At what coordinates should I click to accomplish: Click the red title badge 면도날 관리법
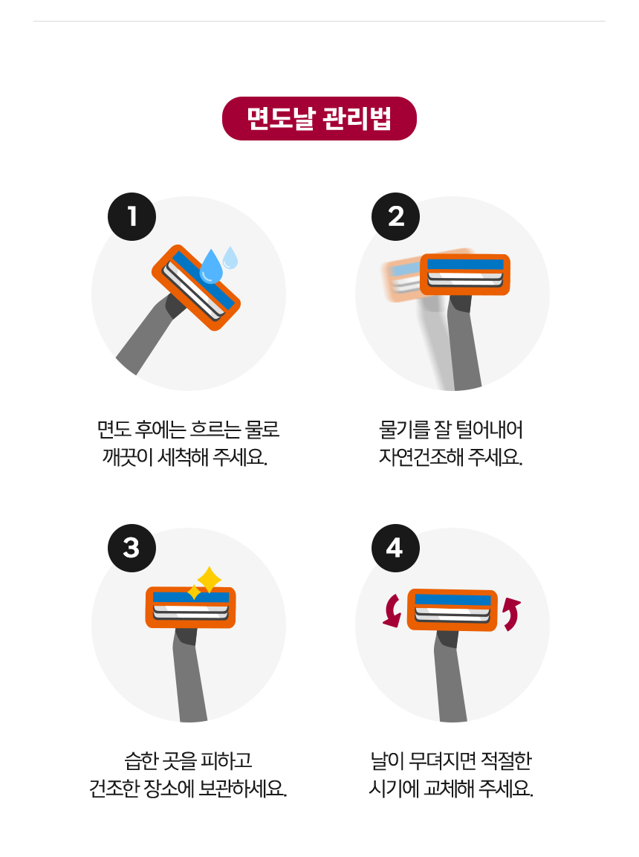[319, 119]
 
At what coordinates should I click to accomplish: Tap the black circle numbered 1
[132, 216]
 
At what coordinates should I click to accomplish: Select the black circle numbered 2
[395, 216]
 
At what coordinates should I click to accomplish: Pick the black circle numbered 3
[132, 549]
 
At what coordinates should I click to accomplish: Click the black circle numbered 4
[395, 549]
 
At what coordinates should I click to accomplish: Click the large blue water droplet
[211, 268]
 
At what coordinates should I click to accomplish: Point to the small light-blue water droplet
[230, 258]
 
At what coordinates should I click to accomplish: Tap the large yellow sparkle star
[210, 580]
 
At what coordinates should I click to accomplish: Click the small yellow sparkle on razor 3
[194, 592]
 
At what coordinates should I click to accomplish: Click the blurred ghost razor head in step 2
[403, 280]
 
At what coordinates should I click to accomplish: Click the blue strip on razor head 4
[453, 600]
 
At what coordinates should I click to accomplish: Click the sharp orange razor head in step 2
[465, 274]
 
